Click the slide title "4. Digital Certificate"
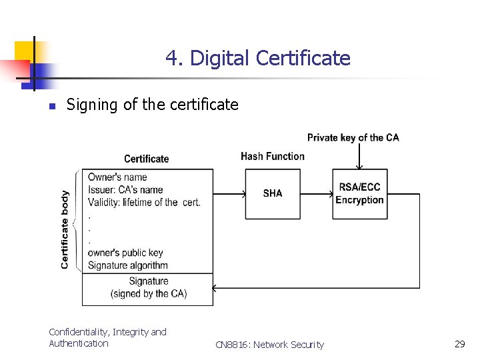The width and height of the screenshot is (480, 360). pyautogui.click(x=257, y=59)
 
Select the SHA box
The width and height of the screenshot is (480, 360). pyautogui.click(x=273, y=193)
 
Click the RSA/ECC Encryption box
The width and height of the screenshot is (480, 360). pyautogui.click(x=359, y=193)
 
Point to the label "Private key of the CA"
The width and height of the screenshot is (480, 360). pyautogui.click(x=353, y=138)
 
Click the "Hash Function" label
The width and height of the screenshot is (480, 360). pyautogui.click(x=272, y=156)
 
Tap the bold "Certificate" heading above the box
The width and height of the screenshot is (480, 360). pyautogui.click(x=147, y=159)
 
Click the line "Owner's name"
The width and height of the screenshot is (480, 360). pyautogui.click(x=117, y=177)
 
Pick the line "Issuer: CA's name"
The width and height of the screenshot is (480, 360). pyautogui.click(x=125, y=189)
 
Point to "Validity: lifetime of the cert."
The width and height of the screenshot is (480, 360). pyautogui.click(x=144, y=202)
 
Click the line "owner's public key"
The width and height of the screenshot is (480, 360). pyautogui.click(x=125, y=253)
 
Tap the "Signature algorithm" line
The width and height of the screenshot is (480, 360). pyautogui.click(x=128, y=265)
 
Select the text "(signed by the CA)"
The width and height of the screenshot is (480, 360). pyautogui.click(x=149, y=293)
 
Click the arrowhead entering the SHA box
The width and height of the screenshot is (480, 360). pyautogui.click(x=243, y=195)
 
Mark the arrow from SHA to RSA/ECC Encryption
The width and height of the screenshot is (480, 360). pyautogui.click(x=317, y=195)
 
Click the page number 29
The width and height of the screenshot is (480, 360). pyautogui.click(x=459, y=344)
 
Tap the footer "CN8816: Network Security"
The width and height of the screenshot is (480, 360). pyautogui.click(x=269, y=345)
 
